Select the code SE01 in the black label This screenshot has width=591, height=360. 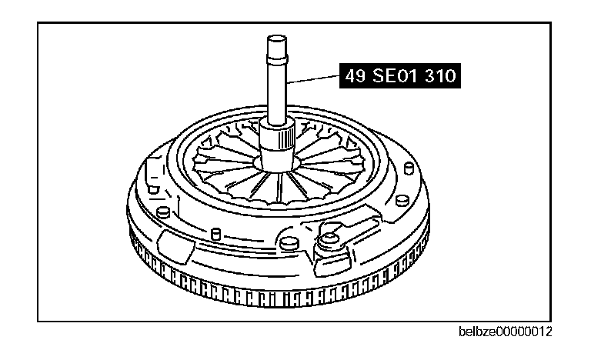click(396, 77)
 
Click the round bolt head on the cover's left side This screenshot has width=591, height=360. click(162, 212)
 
